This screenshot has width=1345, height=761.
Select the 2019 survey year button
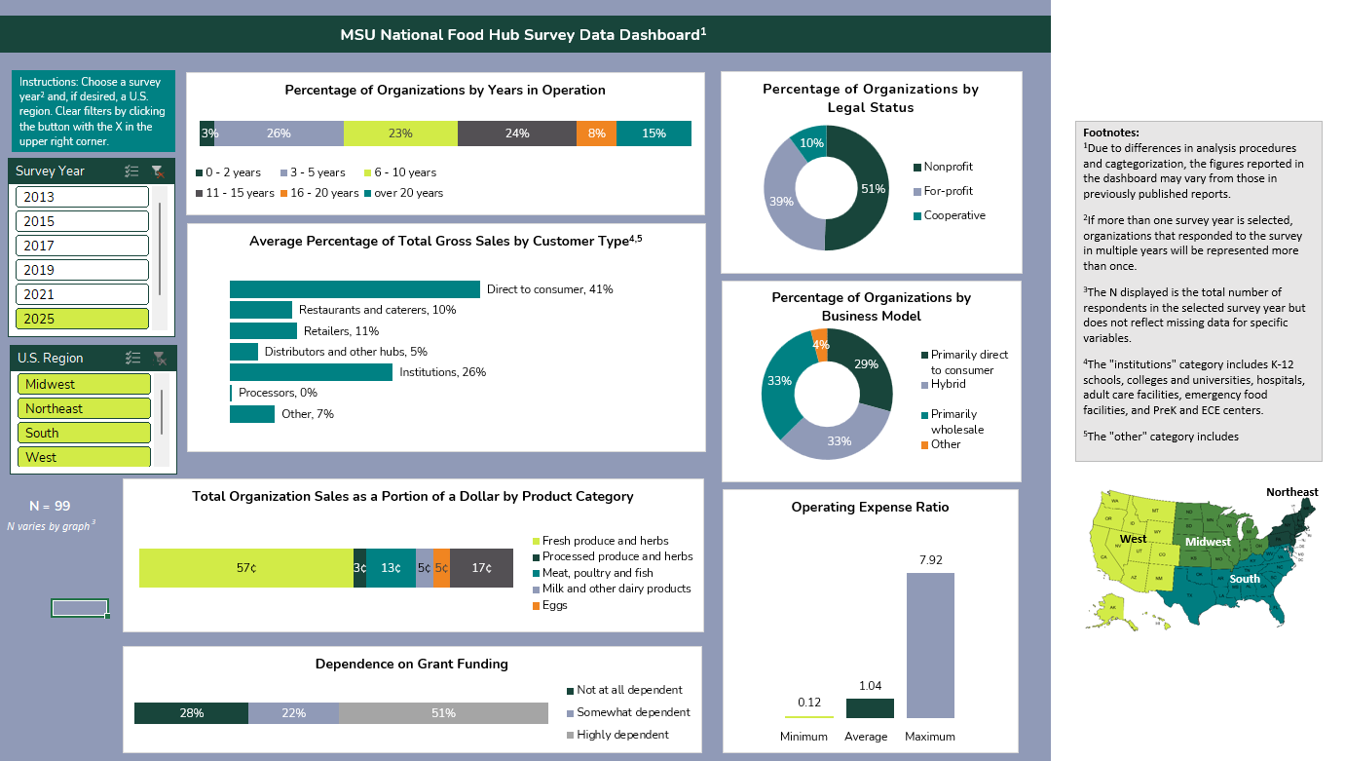pyautogui.click(x=83, y=270)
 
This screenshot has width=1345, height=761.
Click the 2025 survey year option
pyautogui.click(x=83, y=319)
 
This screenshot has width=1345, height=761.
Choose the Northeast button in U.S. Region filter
pyautogui.click(x=84, y=408)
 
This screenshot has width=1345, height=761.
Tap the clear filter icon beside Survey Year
pyautogui.click(x=158, y=171)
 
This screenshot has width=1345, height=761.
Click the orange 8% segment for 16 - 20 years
pyautogui.click(x=596, y=133)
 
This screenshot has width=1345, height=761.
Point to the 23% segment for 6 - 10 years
pyautogui.click(x=400, y=133)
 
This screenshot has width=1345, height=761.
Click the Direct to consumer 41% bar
pyautogui.click(x=355, y=289)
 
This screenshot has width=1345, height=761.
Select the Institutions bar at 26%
pyautogui.click(x=311, y=372)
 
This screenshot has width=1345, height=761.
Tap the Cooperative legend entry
pyautogui.click(x=953, y=215)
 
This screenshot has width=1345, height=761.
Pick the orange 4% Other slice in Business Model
pyautogui.click(x=820, y=345)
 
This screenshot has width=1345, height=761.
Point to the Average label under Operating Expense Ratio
pyautogui.click(x=866, y=737)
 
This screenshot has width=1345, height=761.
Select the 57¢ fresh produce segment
pyautogui.click(x=245, y=568)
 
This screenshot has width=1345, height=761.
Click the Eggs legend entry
pyautogui.click(x=555, y=605)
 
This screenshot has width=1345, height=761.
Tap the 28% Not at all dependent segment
pyautogui.click(x=191, y=713)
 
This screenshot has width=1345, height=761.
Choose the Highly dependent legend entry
pyautogui.click(x=622, y=735)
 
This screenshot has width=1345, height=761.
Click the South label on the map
pyautogui.click(x=1245, y=579)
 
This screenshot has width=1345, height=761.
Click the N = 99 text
pyautogui.click(x=50, y=506)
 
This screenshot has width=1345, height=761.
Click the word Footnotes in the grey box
pyautogui.click(x=1110, y=133)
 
